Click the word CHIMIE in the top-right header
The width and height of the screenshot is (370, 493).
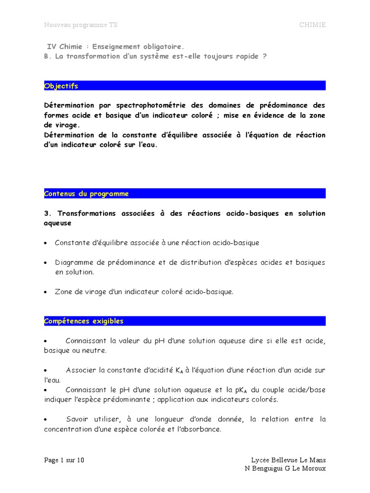click(x=312, y=25)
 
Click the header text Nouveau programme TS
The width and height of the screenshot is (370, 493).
click(x=80, y=25)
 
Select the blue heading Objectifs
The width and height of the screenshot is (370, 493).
click(x=61, y=86)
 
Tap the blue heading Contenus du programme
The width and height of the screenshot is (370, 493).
click(x=87, y=194)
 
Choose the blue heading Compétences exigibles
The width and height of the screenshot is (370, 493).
click(x=84, y=321)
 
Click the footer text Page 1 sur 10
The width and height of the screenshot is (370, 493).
click(x=64, y=460)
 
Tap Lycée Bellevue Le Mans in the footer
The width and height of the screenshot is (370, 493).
click(x=289, y=460)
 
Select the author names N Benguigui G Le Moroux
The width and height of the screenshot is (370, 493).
click(x=285, y=469)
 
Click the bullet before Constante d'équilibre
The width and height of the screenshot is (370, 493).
click(x=46, y=243)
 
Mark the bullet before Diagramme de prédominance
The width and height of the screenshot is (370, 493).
click(x=46, y=263)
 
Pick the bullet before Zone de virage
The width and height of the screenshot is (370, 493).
click(x=46, y=292)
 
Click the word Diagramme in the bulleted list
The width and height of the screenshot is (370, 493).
click(x=73, y=262)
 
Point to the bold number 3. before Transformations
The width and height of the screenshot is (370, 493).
click(x=47, y=213)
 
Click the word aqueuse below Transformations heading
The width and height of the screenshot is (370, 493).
click(x=57, y=223)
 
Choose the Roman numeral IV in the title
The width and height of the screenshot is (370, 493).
click(x=51, y=47)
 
